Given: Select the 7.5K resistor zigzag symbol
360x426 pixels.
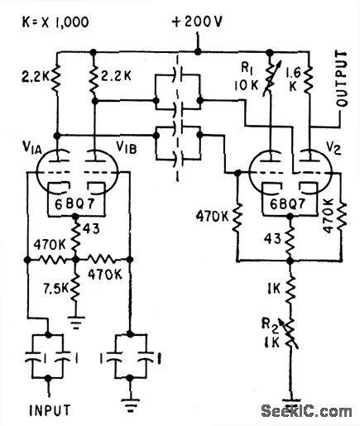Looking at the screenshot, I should tap(76, 287).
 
